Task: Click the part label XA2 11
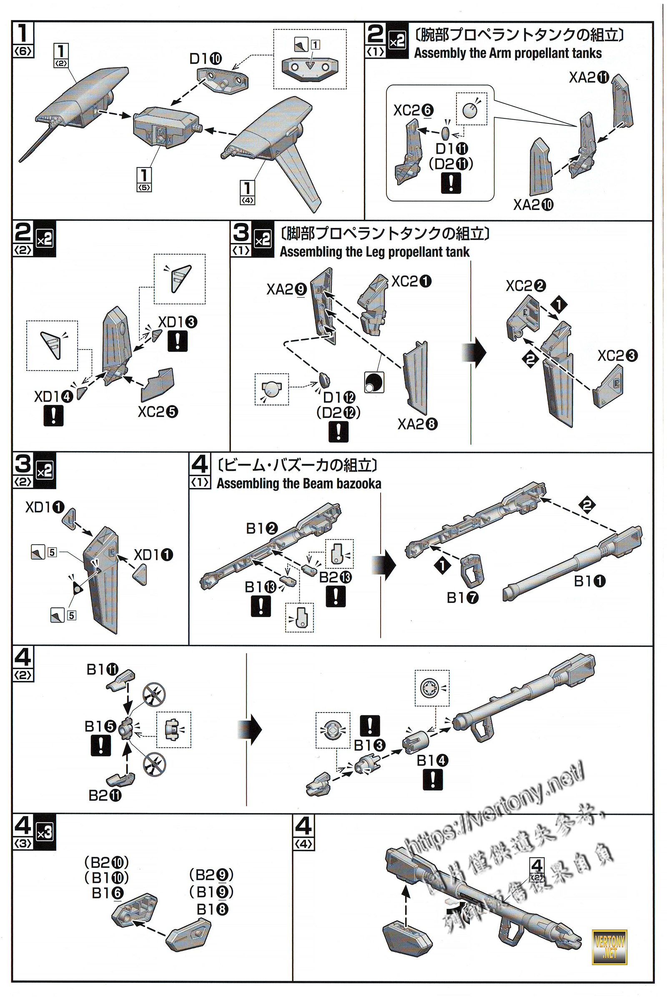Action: point(589,78)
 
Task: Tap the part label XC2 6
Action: point(413,110)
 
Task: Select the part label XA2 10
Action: point(533,205)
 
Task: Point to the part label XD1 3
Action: point(178,322)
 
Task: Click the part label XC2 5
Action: point(158,412)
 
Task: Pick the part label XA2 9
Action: point(286,290)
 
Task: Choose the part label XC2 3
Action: point(617,355)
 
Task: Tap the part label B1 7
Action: point(462,598)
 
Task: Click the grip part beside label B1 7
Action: point(473,570)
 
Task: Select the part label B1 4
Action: point(432,760)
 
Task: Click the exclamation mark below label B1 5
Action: point(101,745)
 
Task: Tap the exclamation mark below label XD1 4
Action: point(53,415)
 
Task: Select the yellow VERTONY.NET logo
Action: point(609,947)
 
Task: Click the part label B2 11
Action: point(105,795)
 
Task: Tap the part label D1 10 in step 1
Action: point(206,59)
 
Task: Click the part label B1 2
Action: point(262,528)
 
